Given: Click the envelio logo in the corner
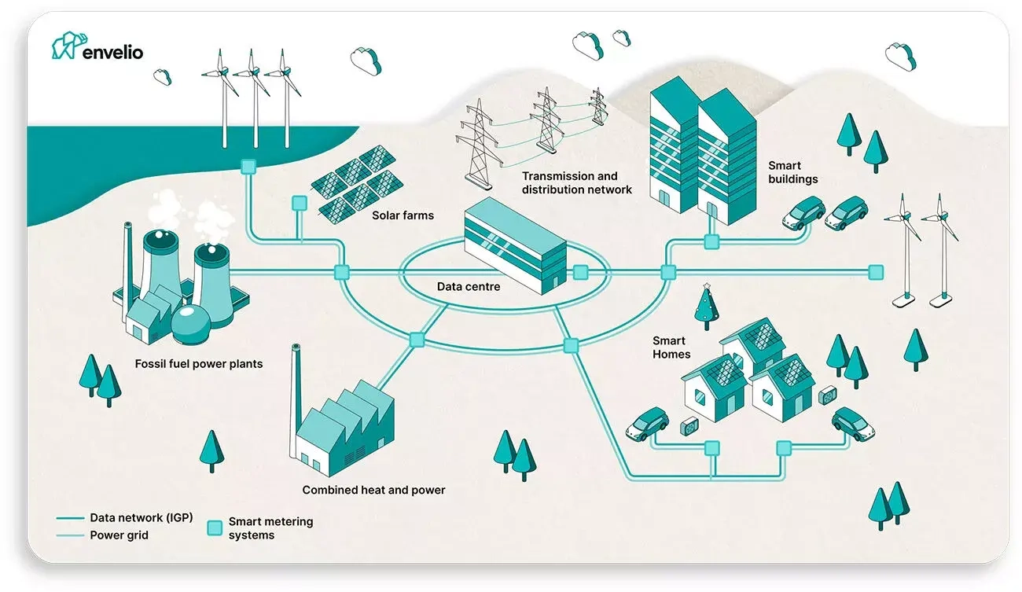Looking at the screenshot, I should point(96,49).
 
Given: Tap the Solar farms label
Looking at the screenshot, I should point(403,215).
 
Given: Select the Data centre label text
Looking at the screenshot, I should point(468,286).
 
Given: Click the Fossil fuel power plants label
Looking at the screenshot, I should point(198,364).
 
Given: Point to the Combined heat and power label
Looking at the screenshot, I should point(373,490).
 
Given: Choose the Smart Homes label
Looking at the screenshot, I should point(671,347).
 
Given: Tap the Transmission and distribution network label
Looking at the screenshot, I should point(576,182).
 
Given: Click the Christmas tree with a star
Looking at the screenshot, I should point(706,306).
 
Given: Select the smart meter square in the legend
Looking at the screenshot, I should point(215,528).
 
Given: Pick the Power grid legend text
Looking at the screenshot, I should point(119,535).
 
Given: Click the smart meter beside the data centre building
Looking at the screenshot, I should point(580,272).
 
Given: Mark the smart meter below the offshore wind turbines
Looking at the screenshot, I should point(248,167).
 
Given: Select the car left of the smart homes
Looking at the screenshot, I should point(646,423).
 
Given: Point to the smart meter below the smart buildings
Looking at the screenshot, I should point(711,241).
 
